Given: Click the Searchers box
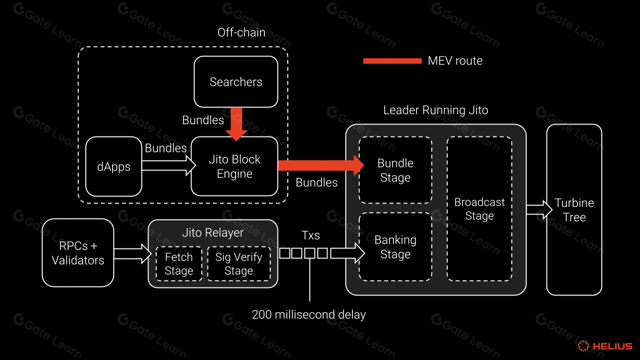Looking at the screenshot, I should point(235,82).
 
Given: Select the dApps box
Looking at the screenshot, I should point(113,166).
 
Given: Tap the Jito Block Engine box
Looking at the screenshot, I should point(234,166).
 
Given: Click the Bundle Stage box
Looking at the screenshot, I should point(395,170).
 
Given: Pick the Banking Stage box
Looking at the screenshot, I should point(395,247).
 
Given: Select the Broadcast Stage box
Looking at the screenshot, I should point(479,209).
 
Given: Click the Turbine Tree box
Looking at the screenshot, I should point(574,210).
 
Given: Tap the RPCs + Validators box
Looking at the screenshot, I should point(78,253).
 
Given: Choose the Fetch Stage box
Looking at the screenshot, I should point(178,264).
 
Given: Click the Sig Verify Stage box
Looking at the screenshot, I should point(238,264).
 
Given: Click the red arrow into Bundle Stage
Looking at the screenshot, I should point(320,165).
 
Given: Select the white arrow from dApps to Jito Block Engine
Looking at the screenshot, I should point(168,165).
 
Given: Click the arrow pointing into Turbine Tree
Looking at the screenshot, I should point(536,209).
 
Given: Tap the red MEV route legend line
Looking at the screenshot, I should point(392,61).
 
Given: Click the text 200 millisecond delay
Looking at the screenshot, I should point(308,315).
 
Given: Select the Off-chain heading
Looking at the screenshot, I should point(241,33).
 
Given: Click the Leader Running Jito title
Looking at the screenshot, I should point(435,110).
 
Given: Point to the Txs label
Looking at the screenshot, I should point(310,235).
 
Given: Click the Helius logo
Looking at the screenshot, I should point(604,346).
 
